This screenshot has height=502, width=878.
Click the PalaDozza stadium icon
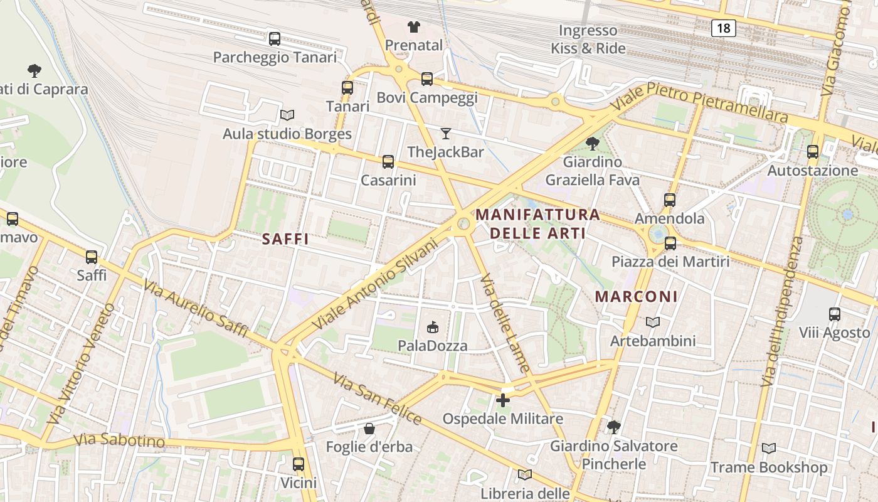pyautogui.click(x=432, y=326)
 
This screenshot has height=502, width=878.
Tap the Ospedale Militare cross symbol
pyautogui.click(x=503, y=400)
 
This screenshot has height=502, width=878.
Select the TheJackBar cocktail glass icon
pyautogui.click(x=446, y=133)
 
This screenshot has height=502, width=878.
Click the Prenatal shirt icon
pyautogui.click(x=413, y=26)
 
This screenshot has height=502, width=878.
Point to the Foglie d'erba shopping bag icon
pyautogui.click(x=369, y=429)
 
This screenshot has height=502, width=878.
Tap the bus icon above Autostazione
pyautogui.click(x=813, y=151)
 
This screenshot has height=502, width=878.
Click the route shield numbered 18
pyautogui.click(x=723, y=28)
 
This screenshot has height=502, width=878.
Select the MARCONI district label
pyautogui.click(x=636, y=297)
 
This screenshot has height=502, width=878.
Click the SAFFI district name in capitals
pyautogui.click(x=285, y=239)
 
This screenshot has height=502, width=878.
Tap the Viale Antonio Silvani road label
pyautogui.click(x=374, y=284)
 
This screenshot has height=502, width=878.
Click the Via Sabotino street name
pyautogui.click(x=119, y=440)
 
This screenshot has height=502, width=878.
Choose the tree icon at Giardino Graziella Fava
pyautogui.click(x=592, y=144)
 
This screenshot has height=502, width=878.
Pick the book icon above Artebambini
pyautogui.click(x=653, y=322)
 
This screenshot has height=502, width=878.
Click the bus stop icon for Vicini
pyautogui.click(x=299, y=464)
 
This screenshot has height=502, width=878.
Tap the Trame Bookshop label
pyautogui.click(x=768, y=467)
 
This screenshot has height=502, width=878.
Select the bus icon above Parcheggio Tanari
pyautogui.click(x=275, y=39)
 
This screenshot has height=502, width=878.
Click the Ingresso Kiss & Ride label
pyautogui.click(x=588, y=40)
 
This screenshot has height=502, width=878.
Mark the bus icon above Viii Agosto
pyautogui.click(x=835, y=314)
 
